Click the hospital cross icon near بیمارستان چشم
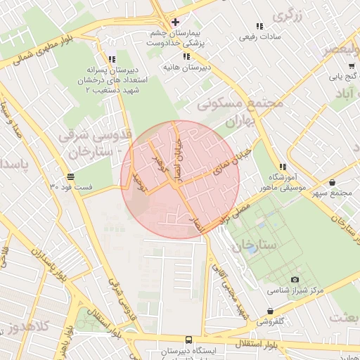coord(175,22)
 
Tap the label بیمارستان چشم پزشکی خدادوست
coord(175,38)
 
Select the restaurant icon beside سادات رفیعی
coord(259,26)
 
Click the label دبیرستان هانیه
coord(186,67)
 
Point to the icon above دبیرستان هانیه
coord(186,56)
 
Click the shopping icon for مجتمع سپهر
coord(331,183)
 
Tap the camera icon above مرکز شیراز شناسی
coord(275,280)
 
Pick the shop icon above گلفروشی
coord(271,311)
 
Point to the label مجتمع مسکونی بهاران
coord(239,112)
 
